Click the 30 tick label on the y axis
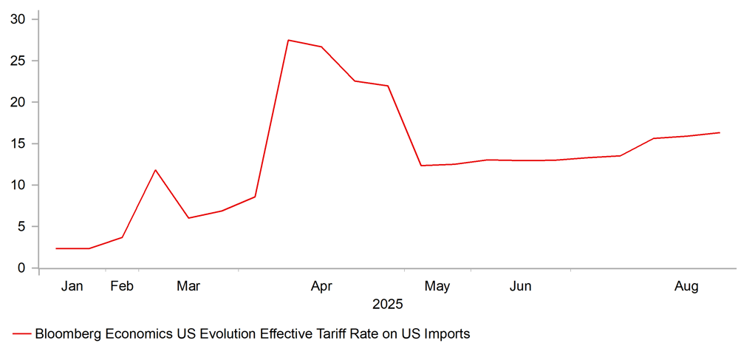[x=19, y=19]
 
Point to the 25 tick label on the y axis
[x=19, y=61]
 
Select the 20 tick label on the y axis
[x=19, y=102]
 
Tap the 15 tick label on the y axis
[x=19, y=143]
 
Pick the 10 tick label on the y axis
[x=19, y=185]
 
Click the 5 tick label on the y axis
[x=23, y=226]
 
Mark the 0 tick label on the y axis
[x=23, y=268]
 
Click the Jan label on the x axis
[x=72, y=286]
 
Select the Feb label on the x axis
[x=122, y=286]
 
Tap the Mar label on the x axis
[x=188, y=286]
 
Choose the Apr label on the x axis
[x=321, y=286]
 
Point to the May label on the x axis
[x=437, y=286]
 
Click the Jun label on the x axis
[x=520, y=286]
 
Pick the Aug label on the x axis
[x=687, y=286]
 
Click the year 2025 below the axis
[x=387, y=304]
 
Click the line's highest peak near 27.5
[x=288, y=40]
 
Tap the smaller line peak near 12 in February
[x=155, y=170]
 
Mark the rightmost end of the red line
[x=720, y=133]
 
